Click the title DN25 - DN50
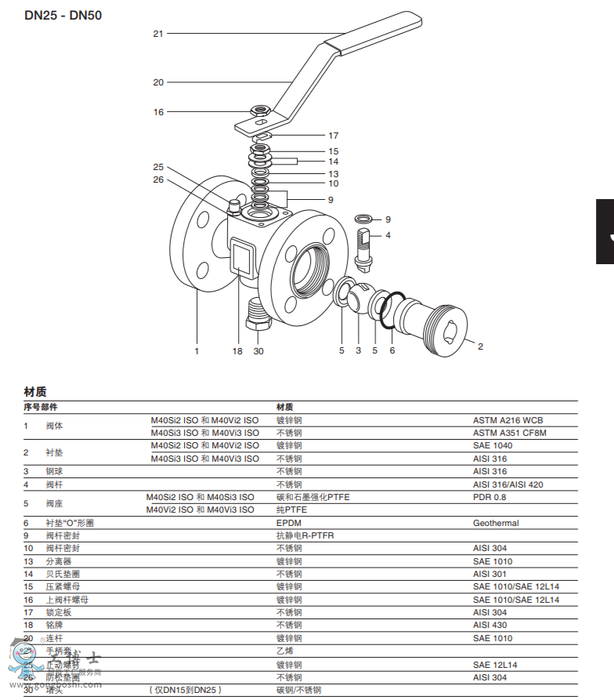tap(63, 15)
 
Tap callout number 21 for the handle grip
tap(158, 34)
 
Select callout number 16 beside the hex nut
tap(158, 112)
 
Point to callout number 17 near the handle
tap(333, 136)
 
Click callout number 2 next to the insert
tap(480, 346)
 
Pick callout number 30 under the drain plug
tap(258, 351)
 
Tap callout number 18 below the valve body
tap(237, 351)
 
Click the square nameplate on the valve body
tap(241, 256)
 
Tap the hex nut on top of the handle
tap(261, 111)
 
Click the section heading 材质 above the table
tap(35, 391)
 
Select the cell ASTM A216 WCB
tap(507, 420)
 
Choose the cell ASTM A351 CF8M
tap(509, 433)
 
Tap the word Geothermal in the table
tap(496, 523)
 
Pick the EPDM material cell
tap(288, 523)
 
